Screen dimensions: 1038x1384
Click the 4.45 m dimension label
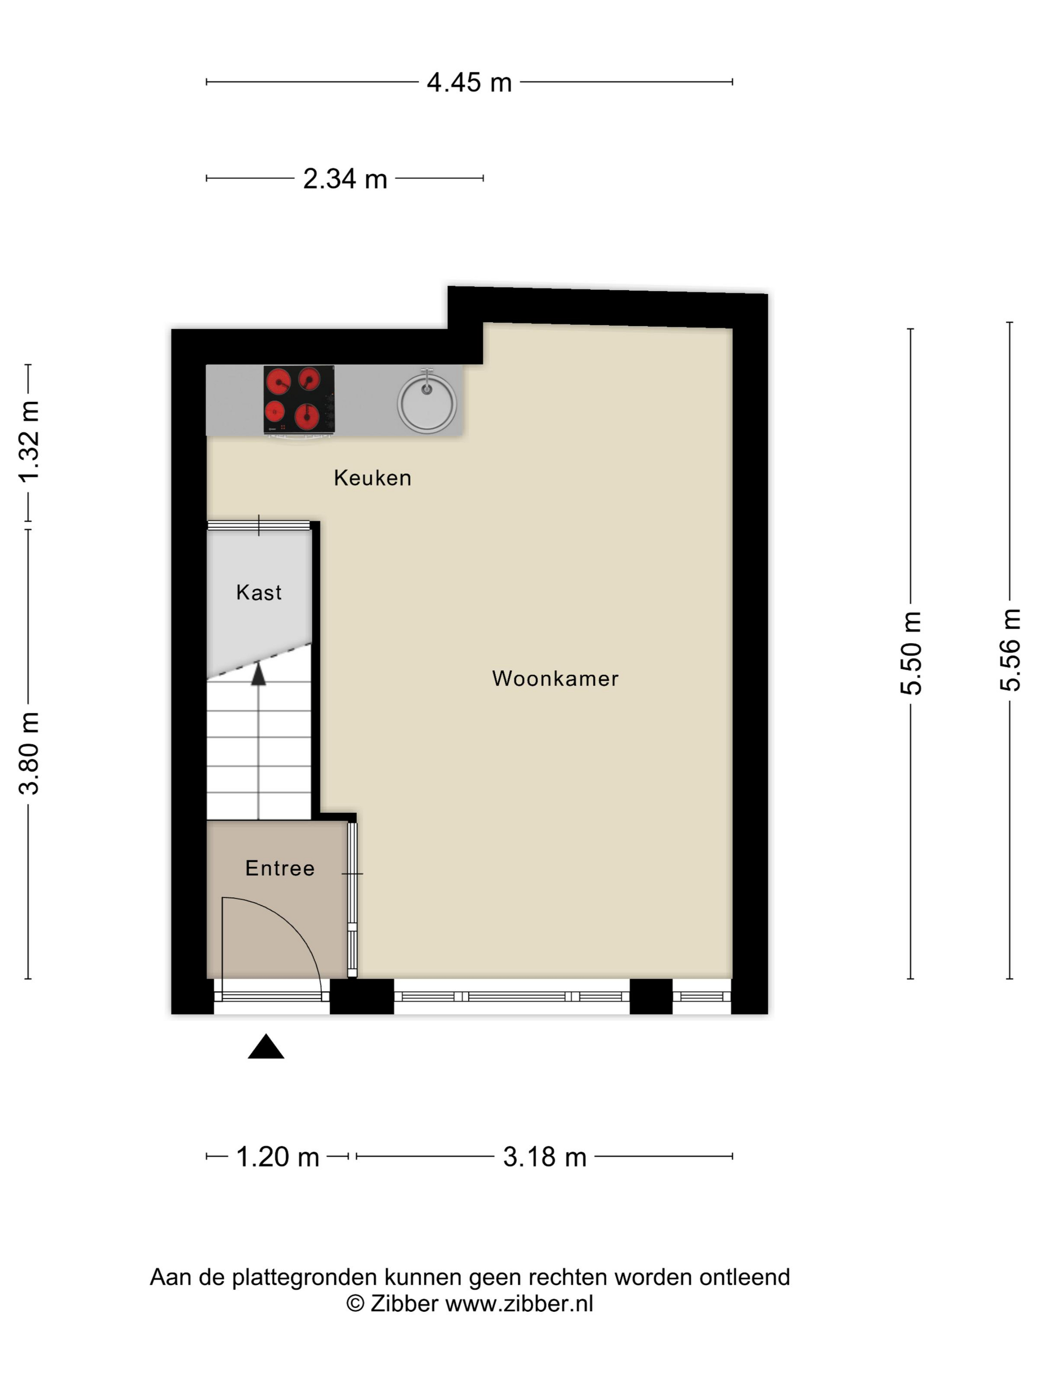(469, 83)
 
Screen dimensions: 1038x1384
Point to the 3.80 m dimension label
(29, 753)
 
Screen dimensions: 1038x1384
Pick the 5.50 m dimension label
(911, 653)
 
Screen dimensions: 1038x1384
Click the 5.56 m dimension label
(1010, 650)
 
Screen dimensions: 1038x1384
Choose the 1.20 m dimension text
(277, 1157)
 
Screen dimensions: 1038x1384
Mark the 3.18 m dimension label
(544, 1157)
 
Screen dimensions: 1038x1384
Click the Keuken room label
(372, 478)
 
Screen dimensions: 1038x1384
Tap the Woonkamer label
(555, 678)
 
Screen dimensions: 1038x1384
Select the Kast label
(259, 593)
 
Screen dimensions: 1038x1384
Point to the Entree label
(280, 868)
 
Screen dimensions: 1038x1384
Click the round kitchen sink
(427, 402)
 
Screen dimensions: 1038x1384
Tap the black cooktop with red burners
(299, 399)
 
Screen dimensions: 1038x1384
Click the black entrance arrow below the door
(266, 1046)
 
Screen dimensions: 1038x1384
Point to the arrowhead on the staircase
(259, 675)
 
